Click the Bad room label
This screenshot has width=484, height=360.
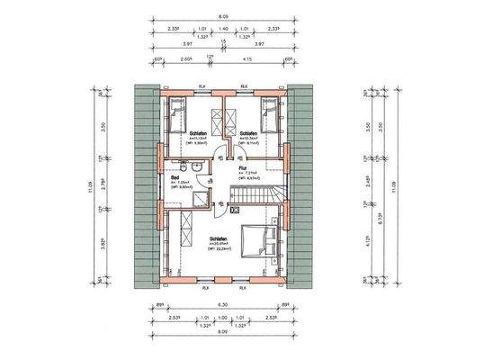tap(174, 177)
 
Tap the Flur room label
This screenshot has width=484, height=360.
tap(243, 167)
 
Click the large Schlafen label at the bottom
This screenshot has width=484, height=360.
tap(219, 237)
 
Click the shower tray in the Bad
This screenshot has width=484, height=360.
tap(204, 201)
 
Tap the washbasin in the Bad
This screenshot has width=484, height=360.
tap(183, 167)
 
